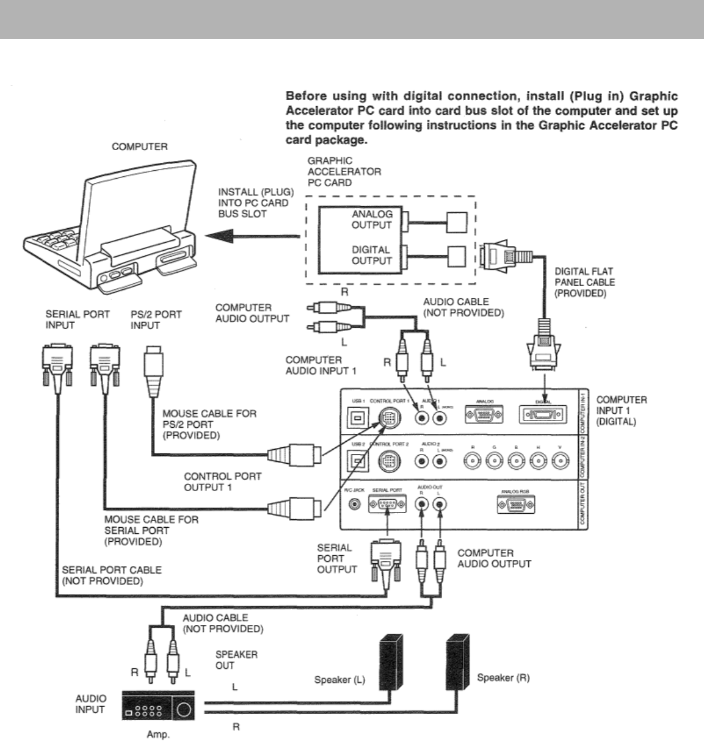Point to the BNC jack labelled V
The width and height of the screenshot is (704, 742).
(x=560, y=461)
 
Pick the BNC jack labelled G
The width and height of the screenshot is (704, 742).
(x=493, y=461)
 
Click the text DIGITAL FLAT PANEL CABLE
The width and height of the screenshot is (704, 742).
(x=584, y=282)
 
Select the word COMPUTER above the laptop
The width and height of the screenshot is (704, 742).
(x=140, y=147)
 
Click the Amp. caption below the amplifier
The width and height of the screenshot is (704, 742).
(x=158, y=735)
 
